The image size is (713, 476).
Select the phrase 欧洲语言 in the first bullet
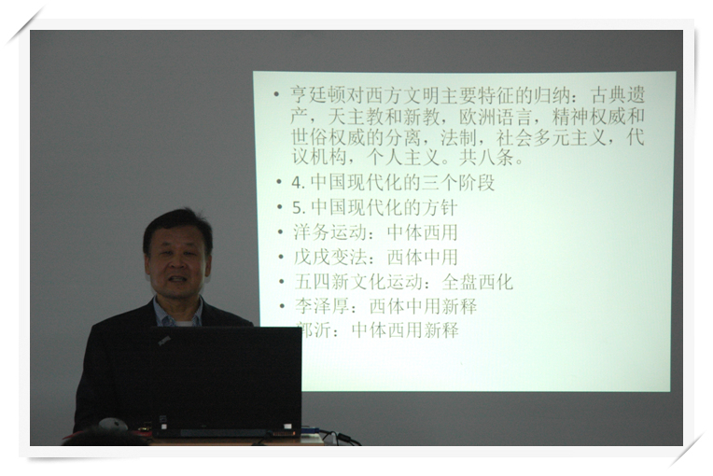click(x=496, y=118)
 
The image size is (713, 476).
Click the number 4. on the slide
click(x=298, y=183)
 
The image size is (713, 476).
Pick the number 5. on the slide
click(x=299, y=208)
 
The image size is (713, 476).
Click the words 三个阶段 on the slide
click(x=458, y=182)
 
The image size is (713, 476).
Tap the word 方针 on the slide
click(x=440, y=207)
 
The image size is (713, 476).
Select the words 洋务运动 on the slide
click(x=329, y=232)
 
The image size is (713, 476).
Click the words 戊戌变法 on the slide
click(x=329, y=257)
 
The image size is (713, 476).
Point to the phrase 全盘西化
click(x=477, y=282)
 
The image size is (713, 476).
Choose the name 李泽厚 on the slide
click(x=322, y=306)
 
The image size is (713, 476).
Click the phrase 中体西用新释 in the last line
click(x=405, y=330)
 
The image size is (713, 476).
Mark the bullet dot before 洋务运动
click(x=281, y=232)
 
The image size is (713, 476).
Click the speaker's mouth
click(x=178, y=278)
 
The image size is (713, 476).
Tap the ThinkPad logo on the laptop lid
click(x=164, y=340)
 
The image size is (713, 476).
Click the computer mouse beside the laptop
click(x=113, y=424)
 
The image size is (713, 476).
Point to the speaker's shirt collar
click(x=177, y=315)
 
